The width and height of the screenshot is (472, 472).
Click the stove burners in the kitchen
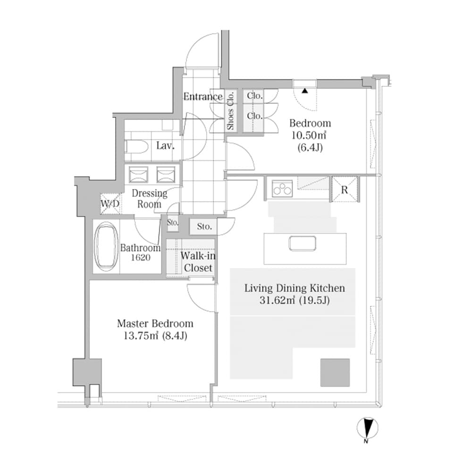tap(282, 189)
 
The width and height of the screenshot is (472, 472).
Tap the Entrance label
tap(202, 97)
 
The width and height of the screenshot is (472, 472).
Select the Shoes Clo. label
tap(230, 111)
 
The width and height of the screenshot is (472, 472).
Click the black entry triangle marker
tap(305, 91)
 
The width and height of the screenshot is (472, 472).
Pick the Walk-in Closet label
tap(198, 262)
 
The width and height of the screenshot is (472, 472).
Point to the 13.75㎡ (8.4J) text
tap(155, 336)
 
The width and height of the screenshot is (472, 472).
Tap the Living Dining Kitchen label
tap(295, 288)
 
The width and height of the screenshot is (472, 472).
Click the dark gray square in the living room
tap(335, 372)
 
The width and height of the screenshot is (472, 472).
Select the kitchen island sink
tap(302, 243)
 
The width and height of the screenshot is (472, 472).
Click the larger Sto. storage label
tap(204, 227)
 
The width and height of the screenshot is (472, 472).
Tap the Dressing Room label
tap(149, 199)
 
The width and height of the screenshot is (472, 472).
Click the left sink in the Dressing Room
tap(138, 175)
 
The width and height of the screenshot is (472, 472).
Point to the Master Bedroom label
tap(155, 324)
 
